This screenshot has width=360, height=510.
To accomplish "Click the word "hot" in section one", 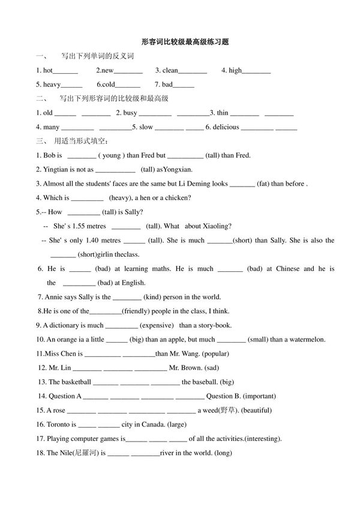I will click(49, 70).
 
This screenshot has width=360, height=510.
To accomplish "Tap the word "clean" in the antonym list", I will click(170, 70).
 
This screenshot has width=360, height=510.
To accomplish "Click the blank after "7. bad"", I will click(184, 85).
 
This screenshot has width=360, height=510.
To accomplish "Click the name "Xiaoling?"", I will click(216, 226).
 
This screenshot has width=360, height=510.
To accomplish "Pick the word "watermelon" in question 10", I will click(307, 340).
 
